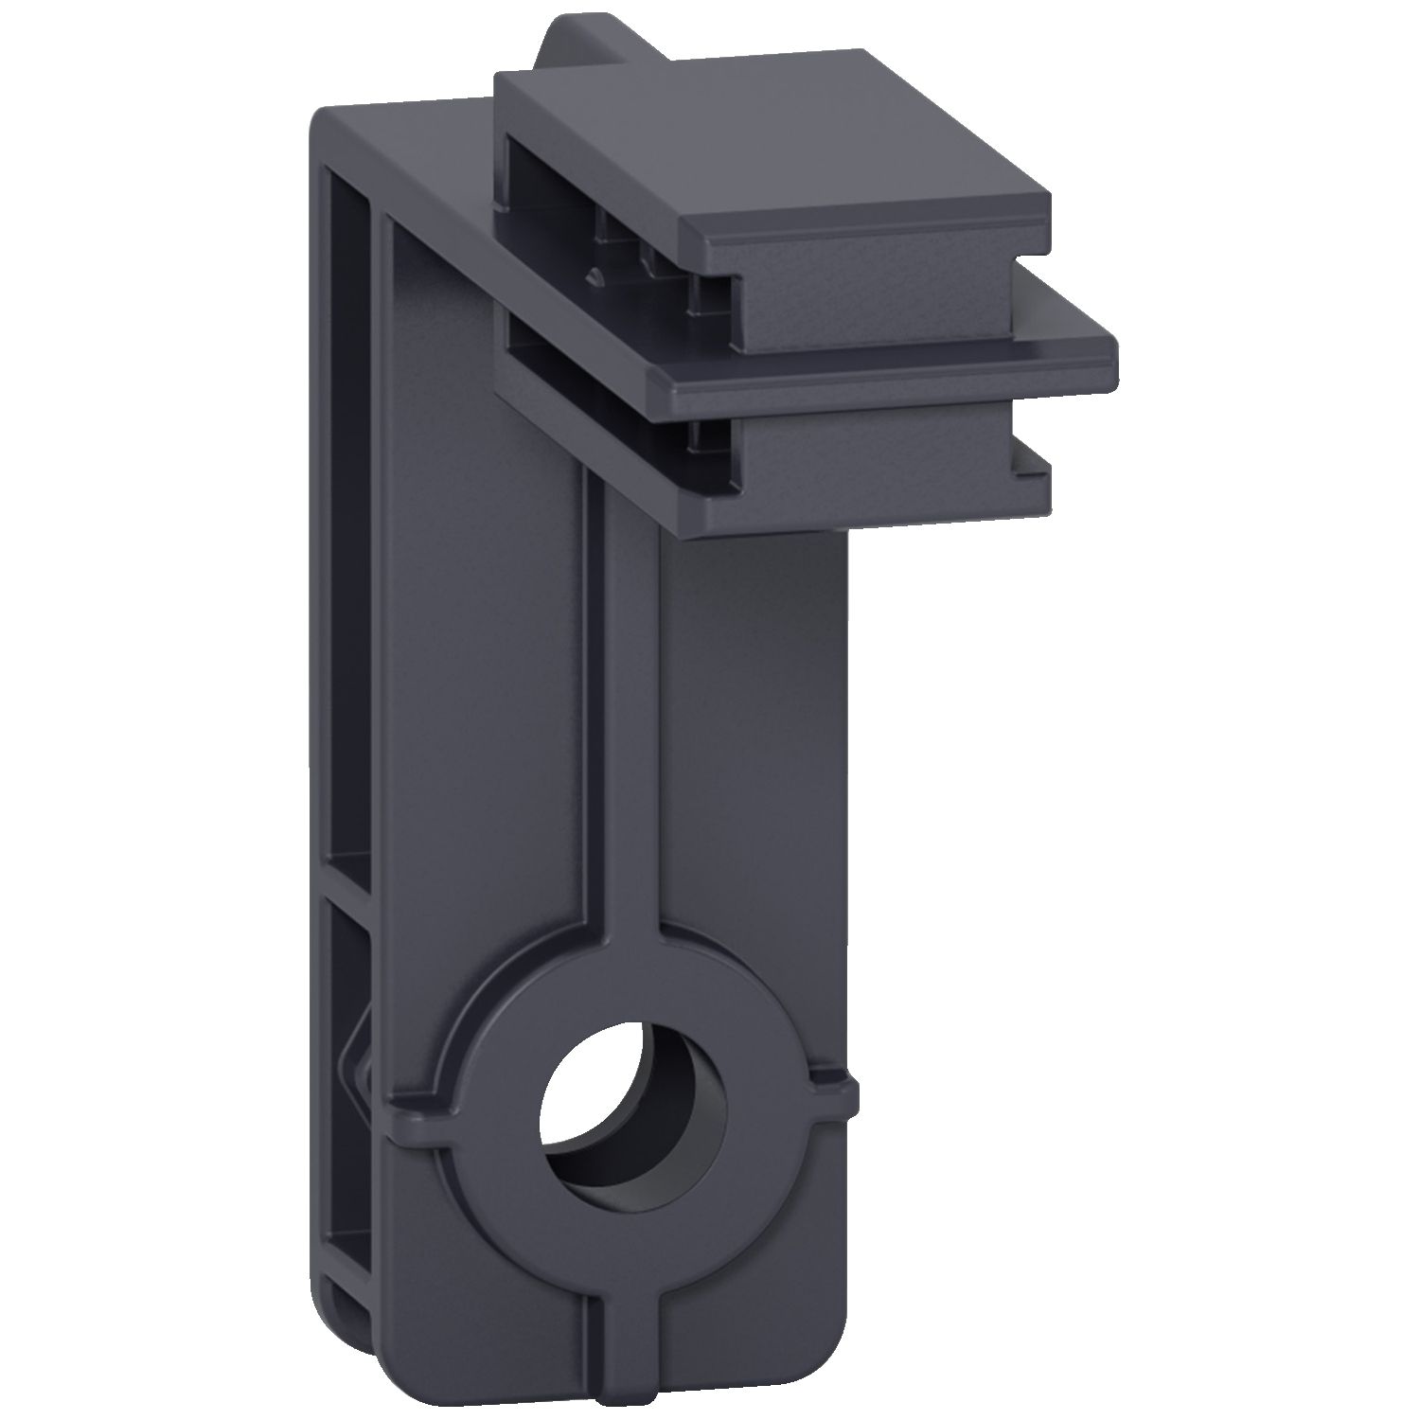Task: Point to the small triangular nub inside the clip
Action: pyautogui.click(x=596, y=276)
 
